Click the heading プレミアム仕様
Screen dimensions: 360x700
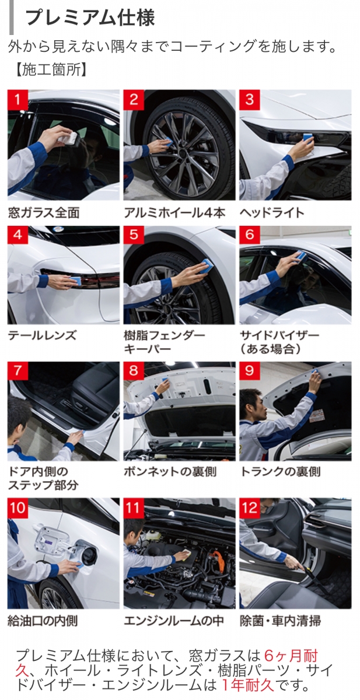(x=90, y=17)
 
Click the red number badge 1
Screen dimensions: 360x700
(x=18, y=100)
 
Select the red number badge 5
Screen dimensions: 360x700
(x=134, y=235)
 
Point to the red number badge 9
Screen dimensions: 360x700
(x=250, y=371)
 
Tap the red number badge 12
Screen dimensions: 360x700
(x=250, y=508)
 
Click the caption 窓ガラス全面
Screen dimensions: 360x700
(x=44, y=213)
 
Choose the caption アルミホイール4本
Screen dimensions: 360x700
(x=174, y=213)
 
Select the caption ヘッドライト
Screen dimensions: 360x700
(x=272, y=213)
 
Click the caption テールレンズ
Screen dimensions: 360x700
(x=42, y=335)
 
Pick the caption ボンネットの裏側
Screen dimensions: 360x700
(x=170, y=471)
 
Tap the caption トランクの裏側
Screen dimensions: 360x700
(x=280, y=471)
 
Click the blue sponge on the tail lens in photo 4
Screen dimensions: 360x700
(x=74, y=279)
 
